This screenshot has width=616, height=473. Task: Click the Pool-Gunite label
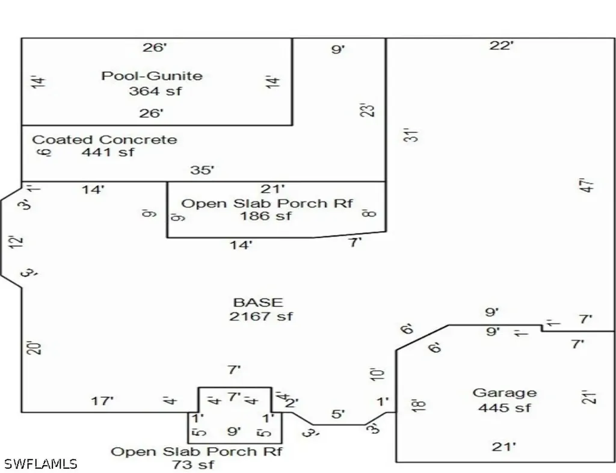click(x=152, y=76)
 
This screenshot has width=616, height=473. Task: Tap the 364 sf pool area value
click(x=155, y=91)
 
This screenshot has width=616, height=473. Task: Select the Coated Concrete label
click(x=105, y=140)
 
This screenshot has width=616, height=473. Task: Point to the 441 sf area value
click(x=108, y=152)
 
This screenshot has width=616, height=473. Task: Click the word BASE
click(x=258, y=303)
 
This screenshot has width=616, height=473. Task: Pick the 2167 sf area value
click(x=261, y=317)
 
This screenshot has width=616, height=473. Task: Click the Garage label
click(x=505, y=393)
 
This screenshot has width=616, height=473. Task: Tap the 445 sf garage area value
click(x=505, y=408)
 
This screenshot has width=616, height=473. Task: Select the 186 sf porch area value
click(x=266, y=215)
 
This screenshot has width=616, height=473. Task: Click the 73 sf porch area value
click(x=193, y=465)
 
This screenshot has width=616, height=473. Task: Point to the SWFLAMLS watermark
click(x=38, y=464)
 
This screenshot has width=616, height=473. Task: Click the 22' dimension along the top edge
click(x=502, y=46)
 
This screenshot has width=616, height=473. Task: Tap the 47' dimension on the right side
click(x=587, y=185)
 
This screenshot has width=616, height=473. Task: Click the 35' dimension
click(x=202, y=170)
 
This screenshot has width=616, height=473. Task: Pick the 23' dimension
click(x=368, y=110)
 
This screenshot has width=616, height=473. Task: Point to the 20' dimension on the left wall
click(x=34, y=348)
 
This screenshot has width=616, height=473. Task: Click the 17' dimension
click(x=102, y=401)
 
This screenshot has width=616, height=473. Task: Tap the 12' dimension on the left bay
click(x=17, y=241)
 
